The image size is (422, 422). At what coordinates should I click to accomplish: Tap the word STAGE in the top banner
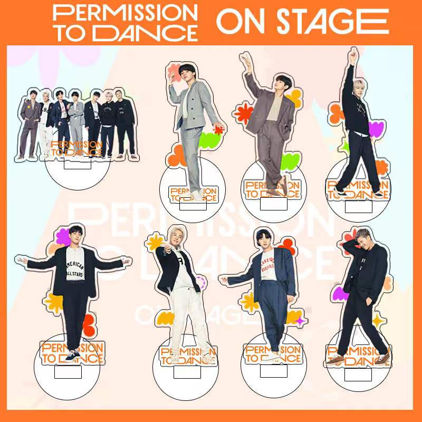(x=323, y=22)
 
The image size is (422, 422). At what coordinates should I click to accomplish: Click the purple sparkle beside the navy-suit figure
(x=301, y=320)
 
